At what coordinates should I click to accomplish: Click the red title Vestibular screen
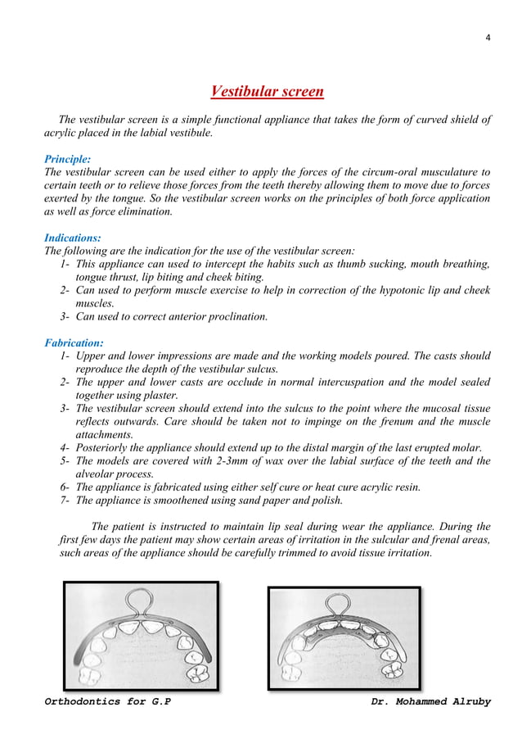pos(267,90)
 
